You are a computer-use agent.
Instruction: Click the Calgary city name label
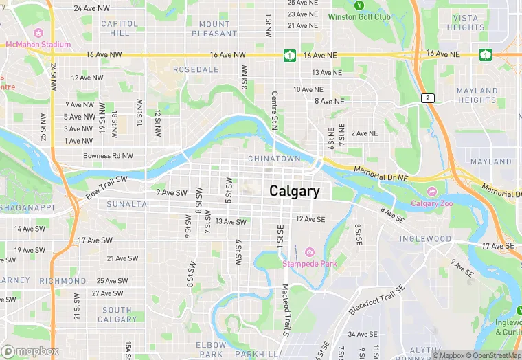click(294, 191)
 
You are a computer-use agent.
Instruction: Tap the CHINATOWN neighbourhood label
click(273, 159)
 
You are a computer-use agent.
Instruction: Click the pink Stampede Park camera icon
click(309, 252)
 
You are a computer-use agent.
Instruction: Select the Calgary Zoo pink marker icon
click(431, 191)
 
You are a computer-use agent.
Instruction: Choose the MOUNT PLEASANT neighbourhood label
click(214, 28)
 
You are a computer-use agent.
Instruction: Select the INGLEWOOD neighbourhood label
click(426, 239)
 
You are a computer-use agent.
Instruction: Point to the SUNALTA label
click(126, 204)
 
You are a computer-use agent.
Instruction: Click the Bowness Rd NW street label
click(108, 156)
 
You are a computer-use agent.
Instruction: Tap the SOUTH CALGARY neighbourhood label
click(117, 315)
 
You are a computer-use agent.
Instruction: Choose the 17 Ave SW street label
click(95, 240)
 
